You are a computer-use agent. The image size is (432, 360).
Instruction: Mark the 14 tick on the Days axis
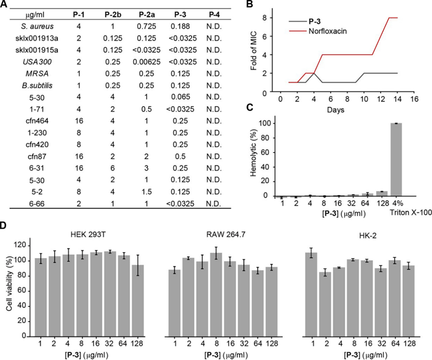click(x=394, y=98)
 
